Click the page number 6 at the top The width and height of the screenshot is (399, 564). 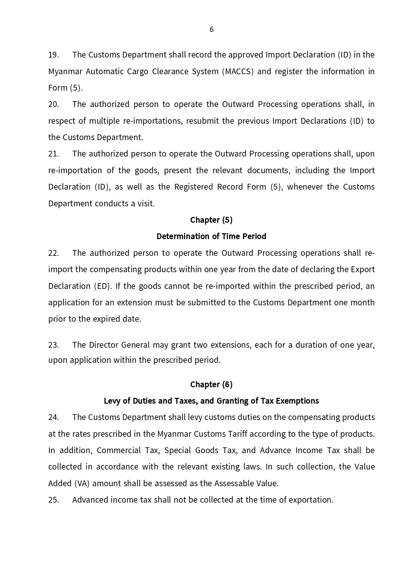pyautogui.click(x=211, y=30)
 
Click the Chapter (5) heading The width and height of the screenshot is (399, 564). pyautogui.click(x=211, y=220)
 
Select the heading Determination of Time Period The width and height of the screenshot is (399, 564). pyautogui.click(x=211, y=236)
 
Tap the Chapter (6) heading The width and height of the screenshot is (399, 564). pyautogui.click(x=211, y=384)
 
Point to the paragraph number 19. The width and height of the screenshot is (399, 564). pyautogui.click(x=53, y=55)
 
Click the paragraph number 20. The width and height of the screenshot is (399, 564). pyautogui.click(x=53, y=104)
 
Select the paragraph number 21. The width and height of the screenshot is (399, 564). pyautogui.click(x=53, y=154)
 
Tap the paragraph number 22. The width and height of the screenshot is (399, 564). pyautogui.click(x=53, y=253)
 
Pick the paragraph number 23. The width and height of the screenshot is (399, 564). pyautogui.click(x=53, y=345)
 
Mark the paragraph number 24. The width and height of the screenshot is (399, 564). pyautogui.click(x=53, y=417)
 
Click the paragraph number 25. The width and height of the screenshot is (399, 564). pyautogui.click(x=53, y=500)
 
